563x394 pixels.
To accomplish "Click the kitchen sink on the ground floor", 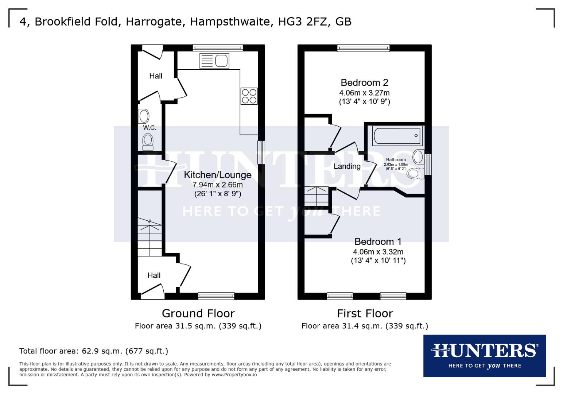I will pos(214,61).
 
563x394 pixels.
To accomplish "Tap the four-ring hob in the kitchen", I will pos(249,96).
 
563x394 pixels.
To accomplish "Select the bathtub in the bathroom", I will pos(397,135).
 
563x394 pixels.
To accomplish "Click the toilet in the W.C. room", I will pos(148,142).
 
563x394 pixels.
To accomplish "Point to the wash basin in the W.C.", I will pos(144,116).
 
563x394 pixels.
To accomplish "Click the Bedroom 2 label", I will pos(364,82).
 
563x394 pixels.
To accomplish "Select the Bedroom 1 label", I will pos(378,242).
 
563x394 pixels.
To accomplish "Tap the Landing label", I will pos(347,166).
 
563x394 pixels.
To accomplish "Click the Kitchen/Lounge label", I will pos(218,175).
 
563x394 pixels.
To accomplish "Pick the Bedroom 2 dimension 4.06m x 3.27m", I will pos(364,93).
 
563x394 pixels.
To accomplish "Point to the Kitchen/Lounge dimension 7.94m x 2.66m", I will pos(218,185).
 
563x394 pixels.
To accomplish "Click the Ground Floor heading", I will pos(198,313).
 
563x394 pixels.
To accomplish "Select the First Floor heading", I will pos(365,313).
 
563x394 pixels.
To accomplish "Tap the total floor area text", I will pos(94,351).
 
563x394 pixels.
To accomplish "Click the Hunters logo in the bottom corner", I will pos(484,356).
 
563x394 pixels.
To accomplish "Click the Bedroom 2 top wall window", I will pos(363,47).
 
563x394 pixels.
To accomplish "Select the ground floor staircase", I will pos(150,237).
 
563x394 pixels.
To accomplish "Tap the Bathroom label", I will pos(396,160).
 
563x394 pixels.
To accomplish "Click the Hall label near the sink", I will pos(156,76).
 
